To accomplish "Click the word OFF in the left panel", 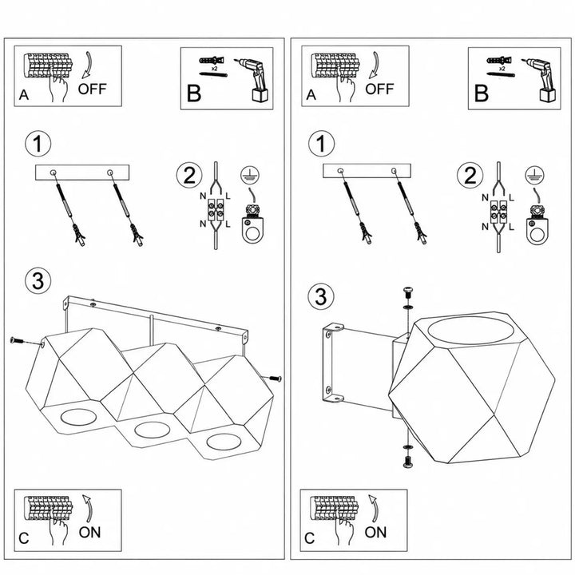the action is click(92, 89).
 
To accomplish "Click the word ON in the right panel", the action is click(375, 532).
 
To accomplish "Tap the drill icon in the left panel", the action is click(252, 79).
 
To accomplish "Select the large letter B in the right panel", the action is click(481, 93).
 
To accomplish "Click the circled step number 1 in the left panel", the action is click(38, 144).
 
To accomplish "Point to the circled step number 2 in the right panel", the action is click(470, 175).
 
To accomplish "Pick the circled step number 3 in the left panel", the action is click(38, 281).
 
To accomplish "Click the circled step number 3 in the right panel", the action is click(321, 296).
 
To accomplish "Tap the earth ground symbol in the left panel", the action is click(250, 175).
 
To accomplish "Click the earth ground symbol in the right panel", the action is click(534, 175).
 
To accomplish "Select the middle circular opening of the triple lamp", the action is click(152, 430).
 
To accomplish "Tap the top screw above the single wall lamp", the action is click(407, 292).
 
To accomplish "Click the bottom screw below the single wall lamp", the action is click(407, 462).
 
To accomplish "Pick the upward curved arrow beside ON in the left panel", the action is click(87, 508).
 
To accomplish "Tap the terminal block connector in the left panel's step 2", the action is click(216, 209).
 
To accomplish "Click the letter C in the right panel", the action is click(310, 538).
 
